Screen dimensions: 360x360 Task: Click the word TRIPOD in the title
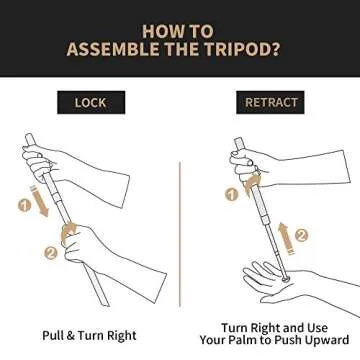(242, 49)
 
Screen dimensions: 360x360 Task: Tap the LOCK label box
(91, 102)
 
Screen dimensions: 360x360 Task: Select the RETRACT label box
(270, 102)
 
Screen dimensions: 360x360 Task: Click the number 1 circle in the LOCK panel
(24, 206)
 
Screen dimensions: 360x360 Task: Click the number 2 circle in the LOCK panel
(51, 253)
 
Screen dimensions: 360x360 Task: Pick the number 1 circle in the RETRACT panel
(231, 194)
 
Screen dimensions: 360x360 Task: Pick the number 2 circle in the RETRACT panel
(301, 235)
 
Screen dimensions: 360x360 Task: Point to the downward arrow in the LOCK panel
(39, 201)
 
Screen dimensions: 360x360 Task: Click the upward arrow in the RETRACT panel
(285, 238)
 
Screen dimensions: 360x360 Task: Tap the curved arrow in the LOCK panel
(67, 231)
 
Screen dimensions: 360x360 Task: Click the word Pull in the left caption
(53, 335)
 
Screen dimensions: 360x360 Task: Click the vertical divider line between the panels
(180, 234)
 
